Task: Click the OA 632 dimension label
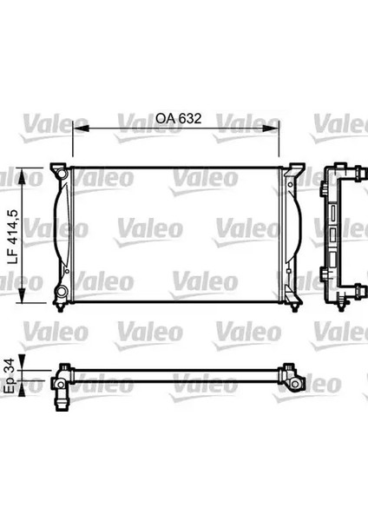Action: coord(178,118)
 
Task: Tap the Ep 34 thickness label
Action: coord(11,375)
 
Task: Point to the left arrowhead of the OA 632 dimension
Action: coord(81,129)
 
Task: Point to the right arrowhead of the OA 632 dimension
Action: coord(271,129)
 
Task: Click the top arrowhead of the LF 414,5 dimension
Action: coord(22,176)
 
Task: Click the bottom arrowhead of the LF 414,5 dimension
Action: coord(22,295)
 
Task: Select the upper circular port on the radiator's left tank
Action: coord(61,174)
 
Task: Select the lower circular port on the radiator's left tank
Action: coord(62,292)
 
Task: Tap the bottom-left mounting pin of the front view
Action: coord(60,307)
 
